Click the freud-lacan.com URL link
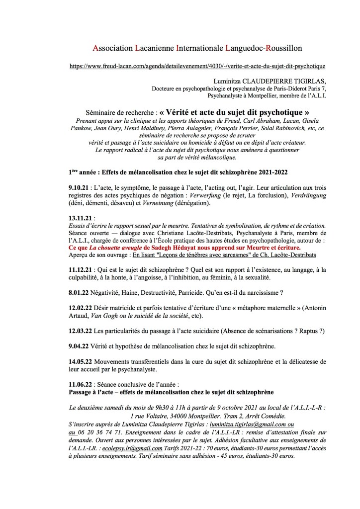pos(197,66)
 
